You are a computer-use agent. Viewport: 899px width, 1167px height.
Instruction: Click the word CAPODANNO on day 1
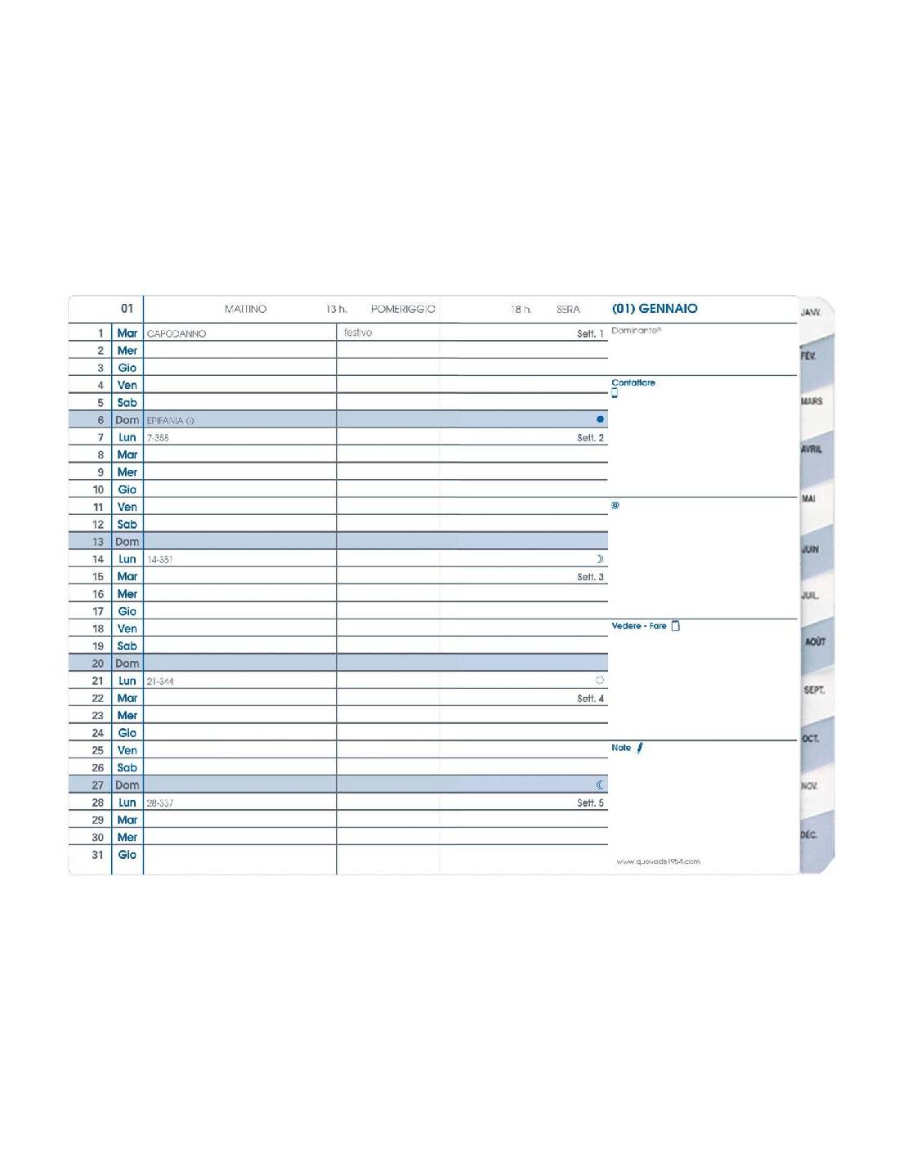pyautogui.click(x=177, y=333)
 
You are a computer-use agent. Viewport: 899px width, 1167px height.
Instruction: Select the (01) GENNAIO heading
pyautogui.click(x=655, y=309)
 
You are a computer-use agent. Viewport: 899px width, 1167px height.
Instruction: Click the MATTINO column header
pyautogui.click(x=245, y=310)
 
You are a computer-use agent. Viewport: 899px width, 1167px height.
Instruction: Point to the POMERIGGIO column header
pyautogui.click(x=403, y=310)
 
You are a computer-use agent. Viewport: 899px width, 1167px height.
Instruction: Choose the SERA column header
pyautogui.click(x=568, y=310)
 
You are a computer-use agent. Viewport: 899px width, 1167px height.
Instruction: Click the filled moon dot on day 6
pyautogui.click(x=600, y=419)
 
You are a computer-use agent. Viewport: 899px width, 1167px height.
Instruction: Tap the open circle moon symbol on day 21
pyautogui.click(x=600, y=680)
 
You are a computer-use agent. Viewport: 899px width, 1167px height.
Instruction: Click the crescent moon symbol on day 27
pyautogui.click(x=600, y=785)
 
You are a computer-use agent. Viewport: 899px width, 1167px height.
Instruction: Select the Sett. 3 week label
pyautogui.click(x=590, y=577)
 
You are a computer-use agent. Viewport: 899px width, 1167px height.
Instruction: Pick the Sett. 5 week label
pyautogui.click(x=590, y=803)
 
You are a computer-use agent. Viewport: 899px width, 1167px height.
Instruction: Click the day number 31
pyautogui.click(x=98, y=855)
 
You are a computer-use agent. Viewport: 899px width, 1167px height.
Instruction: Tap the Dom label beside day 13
pyautogui.click(x=127, y=542)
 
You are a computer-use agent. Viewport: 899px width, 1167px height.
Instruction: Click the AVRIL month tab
pyautogui.click(x=812, y=449)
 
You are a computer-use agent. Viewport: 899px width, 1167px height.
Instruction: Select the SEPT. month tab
pyautogui.click(x=814, y=690)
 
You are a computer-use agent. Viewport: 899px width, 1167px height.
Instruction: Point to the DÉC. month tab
pyautogui.click(x=808, y=835)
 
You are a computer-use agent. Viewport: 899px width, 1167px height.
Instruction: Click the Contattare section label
pyautogui.click(x=633, y=382)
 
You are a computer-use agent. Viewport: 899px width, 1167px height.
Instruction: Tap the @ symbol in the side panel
pyautogui.click(x=615, y=505)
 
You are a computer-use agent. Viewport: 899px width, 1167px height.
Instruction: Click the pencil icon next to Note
pyautogui.click(x=640, y=748)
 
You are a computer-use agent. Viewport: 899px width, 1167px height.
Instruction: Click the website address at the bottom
pyautogui.click(x=658, y=861)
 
